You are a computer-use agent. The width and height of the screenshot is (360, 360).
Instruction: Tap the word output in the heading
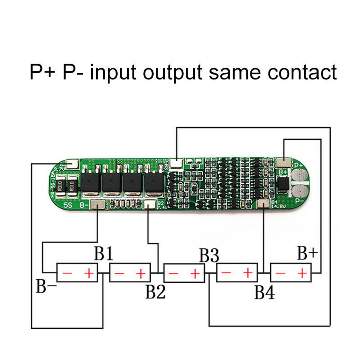[x=172, y=73]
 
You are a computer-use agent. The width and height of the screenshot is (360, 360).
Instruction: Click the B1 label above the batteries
[x=104, y=254]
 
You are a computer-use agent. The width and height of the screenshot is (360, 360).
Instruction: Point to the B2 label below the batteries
[x=155, y=292]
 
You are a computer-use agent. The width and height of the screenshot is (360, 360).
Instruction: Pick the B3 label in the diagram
[x=209, y=256]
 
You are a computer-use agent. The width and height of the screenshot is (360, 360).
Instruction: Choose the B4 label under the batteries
[x=265, y=292]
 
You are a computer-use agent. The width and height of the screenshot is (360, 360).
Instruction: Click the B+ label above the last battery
[x=307, y=253]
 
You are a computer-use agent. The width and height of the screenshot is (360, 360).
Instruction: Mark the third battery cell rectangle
[x=184, y=274]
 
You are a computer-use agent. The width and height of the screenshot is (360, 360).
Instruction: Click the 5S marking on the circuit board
[x=68, y=206]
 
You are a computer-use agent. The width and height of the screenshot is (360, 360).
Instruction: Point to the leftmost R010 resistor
[x=61, y=186]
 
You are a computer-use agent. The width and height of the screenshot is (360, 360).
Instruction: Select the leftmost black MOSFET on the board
[x=90, y=183]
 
